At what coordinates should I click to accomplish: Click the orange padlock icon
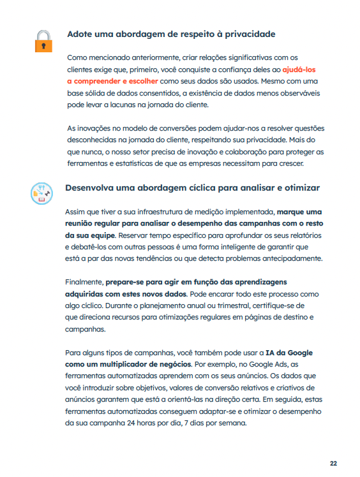43,40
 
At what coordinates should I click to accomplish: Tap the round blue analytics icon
42,193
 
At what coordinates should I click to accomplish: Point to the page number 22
333,464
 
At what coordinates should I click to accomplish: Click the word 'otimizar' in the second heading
299,187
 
